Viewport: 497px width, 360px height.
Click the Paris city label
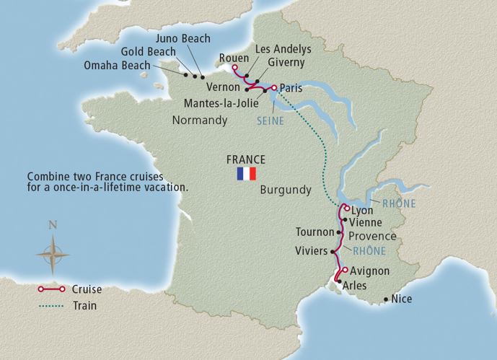[x=291, y=88]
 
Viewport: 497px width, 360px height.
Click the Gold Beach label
[x=147, y=53]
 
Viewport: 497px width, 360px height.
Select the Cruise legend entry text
[x=87, y=290]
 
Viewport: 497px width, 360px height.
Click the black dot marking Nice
[x=386, y=299]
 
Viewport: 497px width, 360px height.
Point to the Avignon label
[x=370, y=271]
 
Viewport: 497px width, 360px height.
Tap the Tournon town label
[x=315, y=232]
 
